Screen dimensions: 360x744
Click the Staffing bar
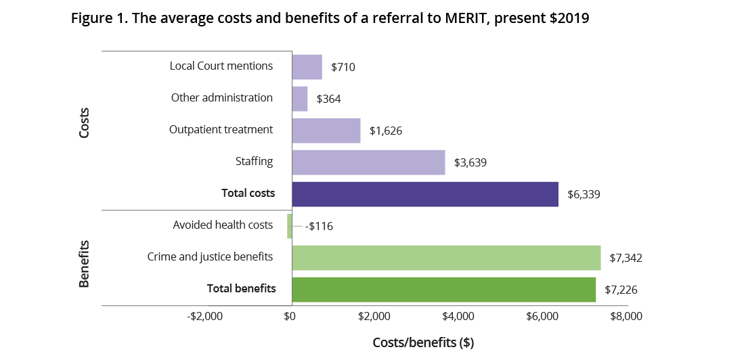368,162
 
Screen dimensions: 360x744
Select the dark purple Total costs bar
425,194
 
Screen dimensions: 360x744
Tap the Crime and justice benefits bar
446,258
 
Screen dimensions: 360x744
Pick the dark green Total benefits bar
444,290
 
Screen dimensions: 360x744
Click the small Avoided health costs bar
290,226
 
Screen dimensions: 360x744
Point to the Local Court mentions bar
307,67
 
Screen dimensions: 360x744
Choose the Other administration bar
299,99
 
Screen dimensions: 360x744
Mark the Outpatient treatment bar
326,131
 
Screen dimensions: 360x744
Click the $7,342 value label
625,258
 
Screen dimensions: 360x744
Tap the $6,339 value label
583,194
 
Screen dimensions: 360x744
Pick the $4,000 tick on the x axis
458,316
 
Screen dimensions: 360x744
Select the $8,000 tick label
625,316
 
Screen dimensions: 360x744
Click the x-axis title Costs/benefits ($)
423,342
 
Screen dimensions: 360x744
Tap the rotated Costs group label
85,122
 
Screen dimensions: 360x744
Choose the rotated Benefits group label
85,263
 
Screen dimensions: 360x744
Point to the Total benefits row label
241,289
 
